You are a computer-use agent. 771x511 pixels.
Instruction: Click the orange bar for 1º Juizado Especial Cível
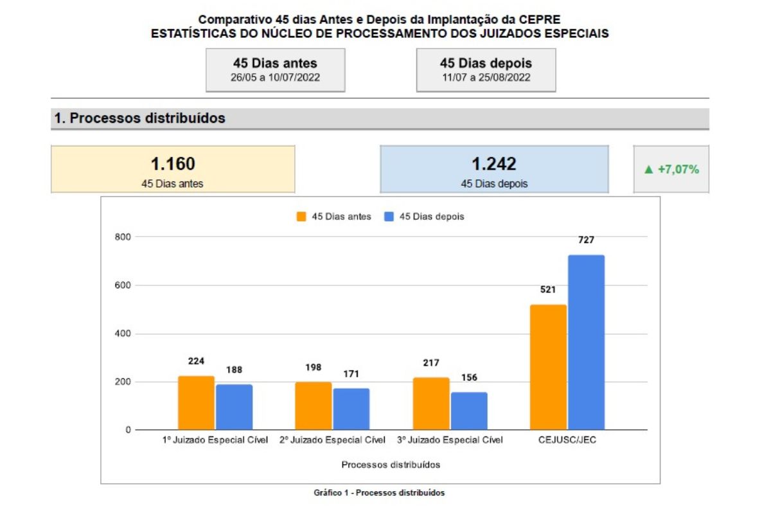(x=196, y=403)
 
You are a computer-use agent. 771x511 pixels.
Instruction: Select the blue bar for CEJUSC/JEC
(x=586, y=343)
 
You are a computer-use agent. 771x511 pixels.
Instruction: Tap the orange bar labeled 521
(x=548, y=367)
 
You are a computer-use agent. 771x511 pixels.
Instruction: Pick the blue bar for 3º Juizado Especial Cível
(x=469, y=411)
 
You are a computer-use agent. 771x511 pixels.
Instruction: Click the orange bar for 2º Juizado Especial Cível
(x=313, y=406)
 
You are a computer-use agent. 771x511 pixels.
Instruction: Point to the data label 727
(x=586, y=240)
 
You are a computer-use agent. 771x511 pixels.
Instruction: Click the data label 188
(x=234, y=370)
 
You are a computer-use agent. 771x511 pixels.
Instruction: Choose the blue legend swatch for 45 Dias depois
(x=389, y=217)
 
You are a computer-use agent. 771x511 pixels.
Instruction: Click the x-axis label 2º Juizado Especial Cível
(x=332, y=441)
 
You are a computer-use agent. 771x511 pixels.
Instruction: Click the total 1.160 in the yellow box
(x=173, y=165)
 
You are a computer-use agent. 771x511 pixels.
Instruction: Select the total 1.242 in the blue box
(x=493, y=165)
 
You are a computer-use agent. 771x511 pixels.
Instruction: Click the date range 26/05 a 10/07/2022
(x=275, y=78)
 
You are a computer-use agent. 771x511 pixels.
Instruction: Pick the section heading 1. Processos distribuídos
(x=140, y=119)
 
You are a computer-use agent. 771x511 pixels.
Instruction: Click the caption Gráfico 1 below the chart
(x=379, y=493)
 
